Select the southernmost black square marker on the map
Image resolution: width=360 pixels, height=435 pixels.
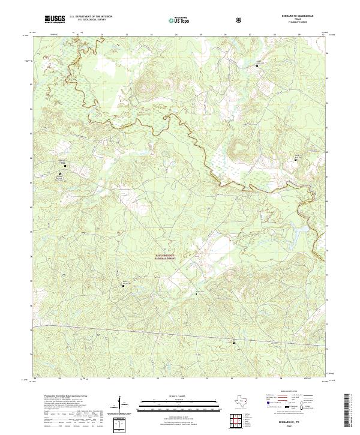[235, 343]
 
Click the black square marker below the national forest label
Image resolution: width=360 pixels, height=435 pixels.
[196, 295]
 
